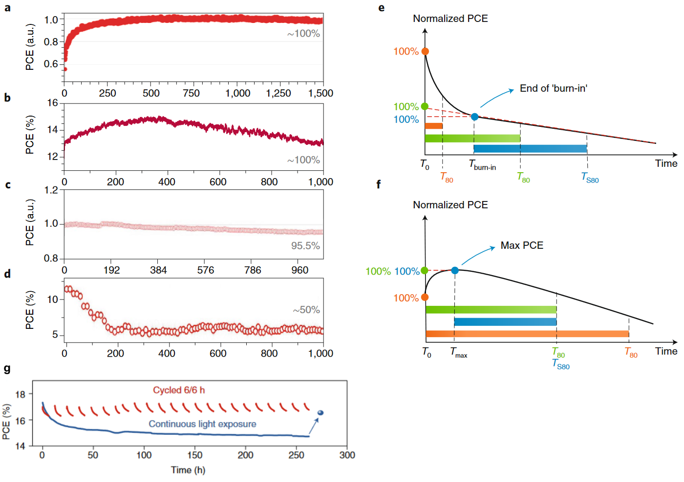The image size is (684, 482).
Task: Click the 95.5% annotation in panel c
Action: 305,246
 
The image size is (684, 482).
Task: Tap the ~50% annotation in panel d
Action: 306,310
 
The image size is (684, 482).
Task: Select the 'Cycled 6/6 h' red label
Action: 179,390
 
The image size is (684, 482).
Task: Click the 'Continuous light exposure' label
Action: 202,424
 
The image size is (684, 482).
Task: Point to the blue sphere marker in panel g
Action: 321,413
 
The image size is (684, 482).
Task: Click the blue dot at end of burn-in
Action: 474,117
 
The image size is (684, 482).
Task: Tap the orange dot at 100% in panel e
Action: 425,51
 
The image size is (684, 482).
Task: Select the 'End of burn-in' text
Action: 553,88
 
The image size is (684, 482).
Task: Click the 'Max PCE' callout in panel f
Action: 522,245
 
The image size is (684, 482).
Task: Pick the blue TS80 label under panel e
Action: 590,178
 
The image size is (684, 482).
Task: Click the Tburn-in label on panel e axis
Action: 482,165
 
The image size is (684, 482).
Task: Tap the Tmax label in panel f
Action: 458,352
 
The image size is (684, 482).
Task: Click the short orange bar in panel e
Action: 434,126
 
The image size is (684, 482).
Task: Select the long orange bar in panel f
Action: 527,334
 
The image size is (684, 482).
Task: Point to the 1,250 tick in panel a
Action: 278,93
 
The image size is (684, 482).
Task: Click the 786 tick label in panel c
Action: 253,270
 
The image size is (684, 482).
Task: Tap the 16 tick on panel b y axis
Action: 53,103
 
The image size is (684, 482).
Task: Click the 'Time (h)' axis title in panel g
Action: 188,470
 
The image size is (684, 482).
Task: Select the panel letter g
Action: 7,369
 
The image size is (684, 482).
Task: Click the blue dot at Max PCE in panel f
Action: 455,270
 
